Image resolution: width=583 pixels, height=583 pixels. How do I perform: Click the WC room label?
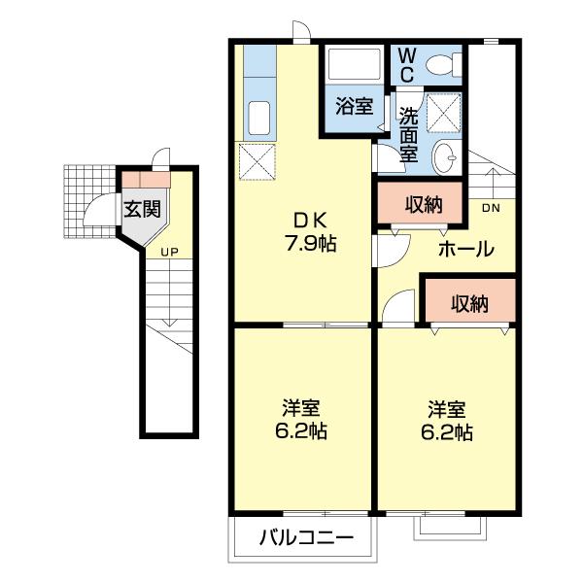coord(407,65)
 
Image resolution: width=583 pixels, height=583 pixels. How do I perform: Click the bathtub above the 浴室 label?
coord(354,66)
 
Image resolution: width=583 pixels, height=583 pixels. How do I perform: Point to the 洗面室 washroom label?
coord(409,133)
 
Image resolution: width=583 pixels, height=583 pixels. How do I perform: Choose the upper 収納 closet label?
coord(424,204)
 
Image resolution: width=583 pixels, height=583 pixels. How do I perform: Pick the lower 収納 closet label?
coord(469,304)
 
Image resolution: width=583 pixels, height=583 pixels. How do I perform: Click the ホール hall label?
coord(464,250)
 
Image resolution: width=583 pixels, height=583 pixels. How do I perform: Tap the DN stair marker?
coord(491,207)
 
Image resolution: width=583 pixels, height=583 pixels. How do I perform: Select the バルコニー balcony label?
coord(299,537)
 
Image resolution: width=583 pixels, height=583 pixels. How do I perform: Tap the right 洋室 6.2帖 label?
coord(447,420)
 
